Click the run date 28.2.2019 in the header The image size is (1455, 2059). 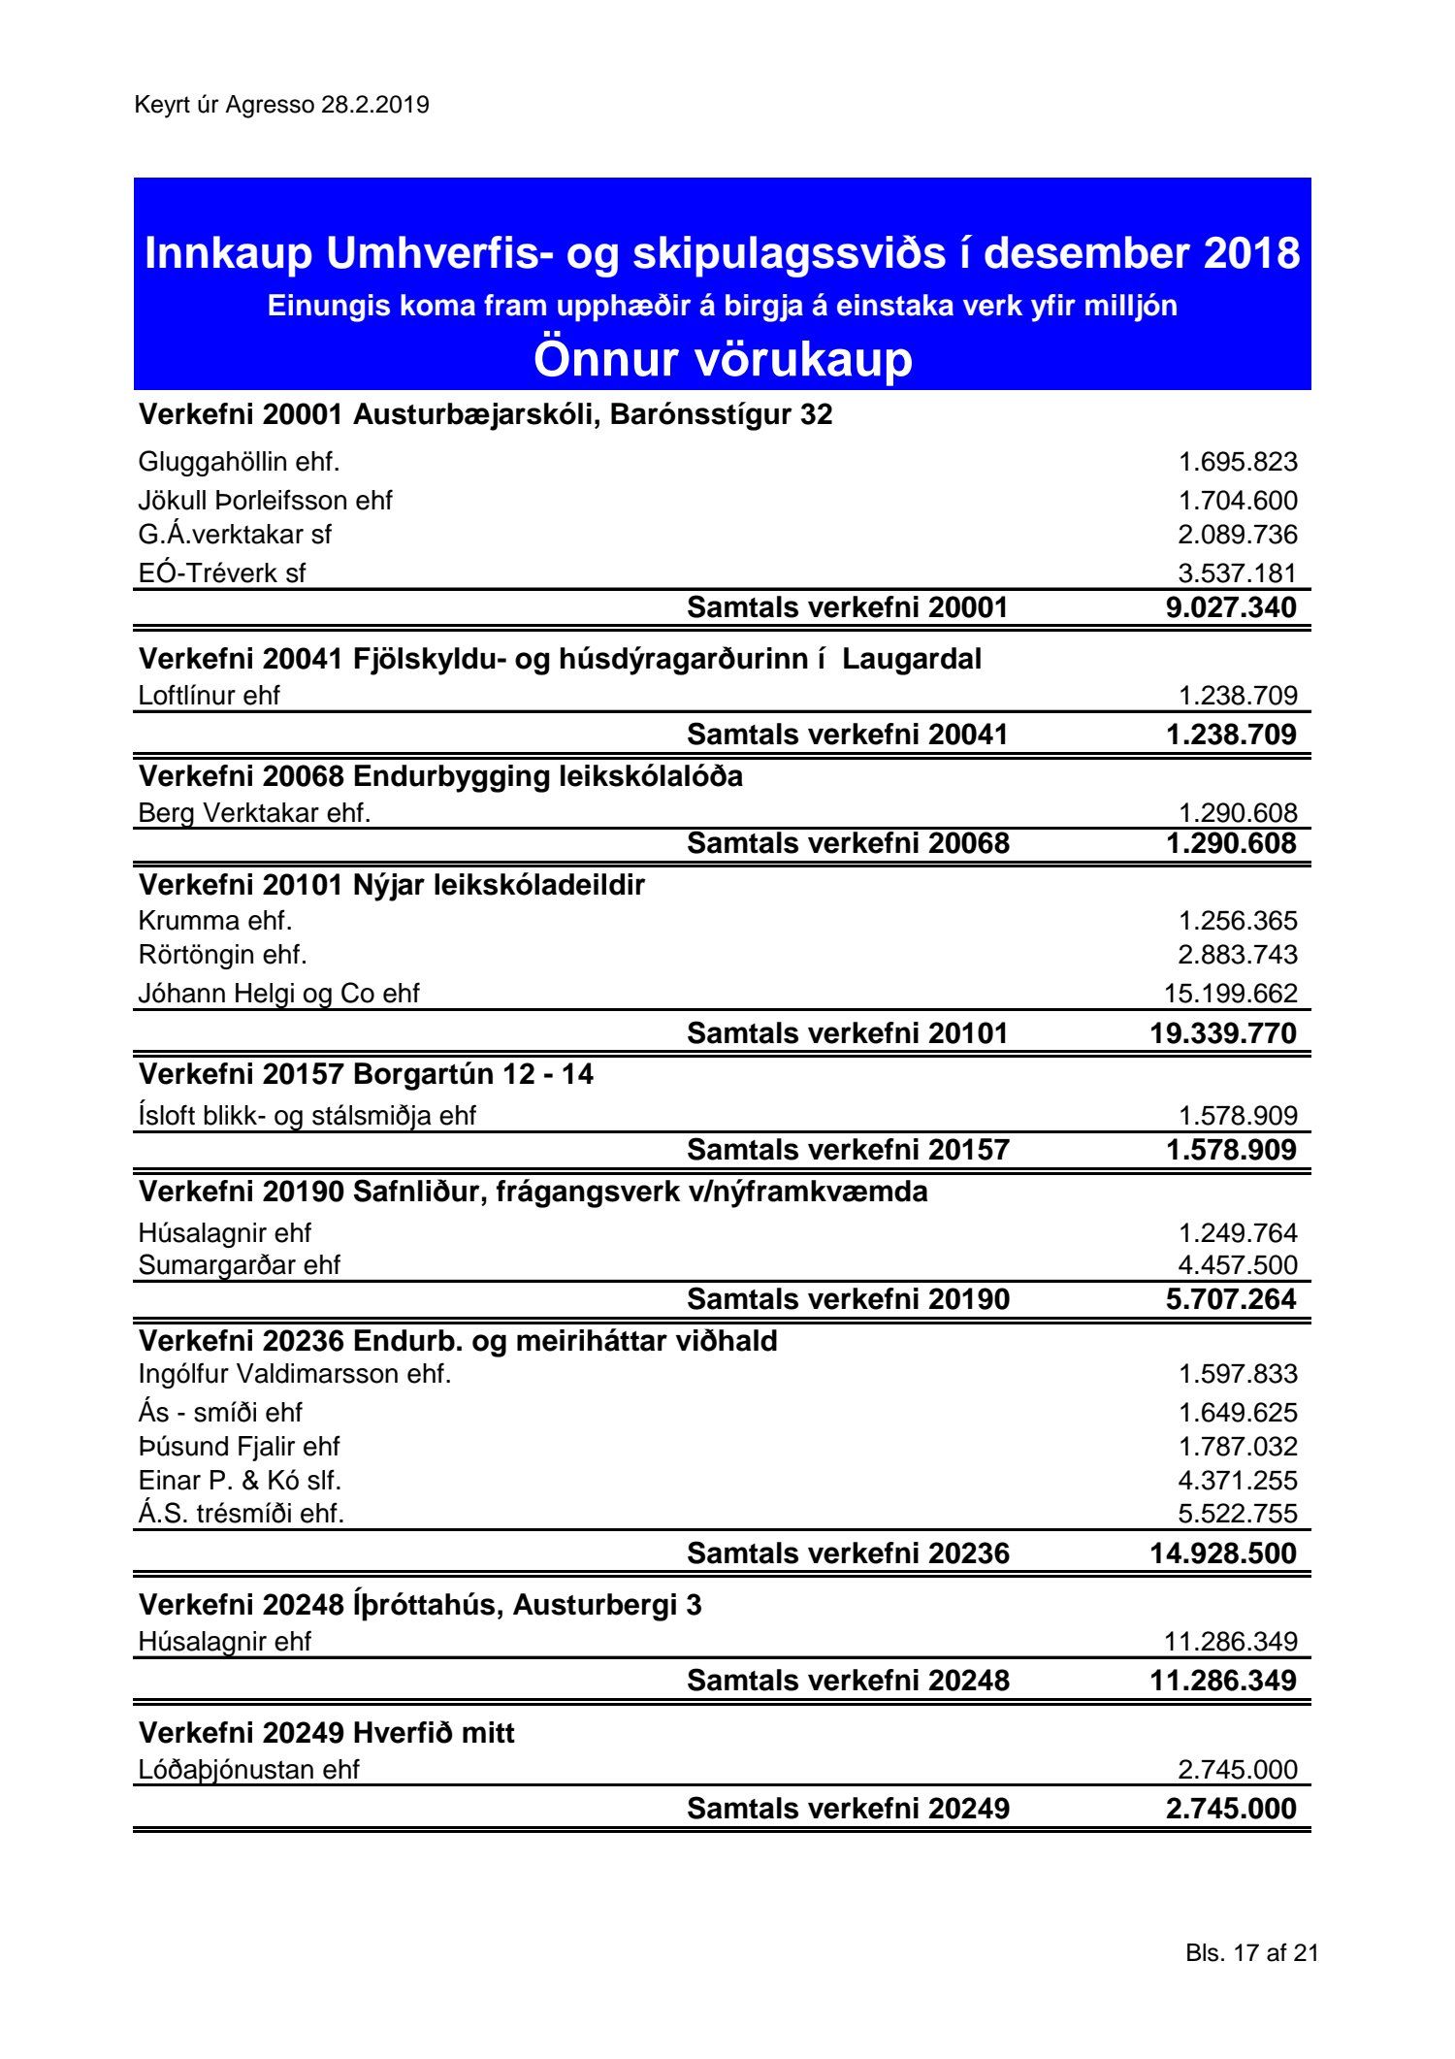coord(374,105)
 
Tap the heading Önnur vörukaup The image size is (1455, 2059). coord(723,359)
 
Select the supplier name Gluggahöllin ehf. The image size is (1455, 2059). coord(239,462)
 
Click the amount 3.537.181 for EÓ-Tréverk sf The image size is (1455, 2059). coord(1237,572)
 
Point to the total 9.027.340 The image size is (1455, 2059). coord(1231,607)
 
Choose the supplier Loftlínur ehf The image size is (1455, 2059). coord(209,696)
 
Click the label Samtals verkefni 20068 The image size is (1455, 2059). coord(848,843)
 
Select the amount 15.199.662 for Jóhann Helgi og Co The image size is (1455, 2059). coord(1230,993)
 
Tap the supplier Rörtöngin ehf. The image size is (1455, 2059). coord(222,955)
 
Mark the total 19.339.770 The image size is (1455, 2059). coord(1223,1033)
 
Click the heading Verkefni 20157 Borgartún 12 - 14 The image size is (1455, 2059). coord(366,1074)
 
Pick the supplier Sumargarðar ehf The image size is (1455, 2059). coord(239,1265)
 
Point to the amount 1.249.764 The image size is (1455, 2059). coord(1237,1233)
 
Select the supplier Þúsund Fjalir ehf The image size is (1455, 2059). coord(239,1446)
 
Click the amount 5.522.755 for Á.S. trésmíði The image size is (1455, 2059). coord(1237,1514)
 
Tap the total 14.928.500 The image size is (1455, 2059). coord(1223,1553)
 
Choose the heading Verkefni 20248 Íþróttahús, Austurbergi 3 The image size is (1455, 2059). coord(420,1605)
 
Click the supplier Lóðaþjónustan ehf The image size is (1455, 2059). coord(248,1770)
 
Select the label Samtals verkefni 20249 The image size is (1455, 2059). coord(848,1809)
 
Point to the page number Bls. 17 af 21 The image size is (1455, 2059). coord(1251,1953)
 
